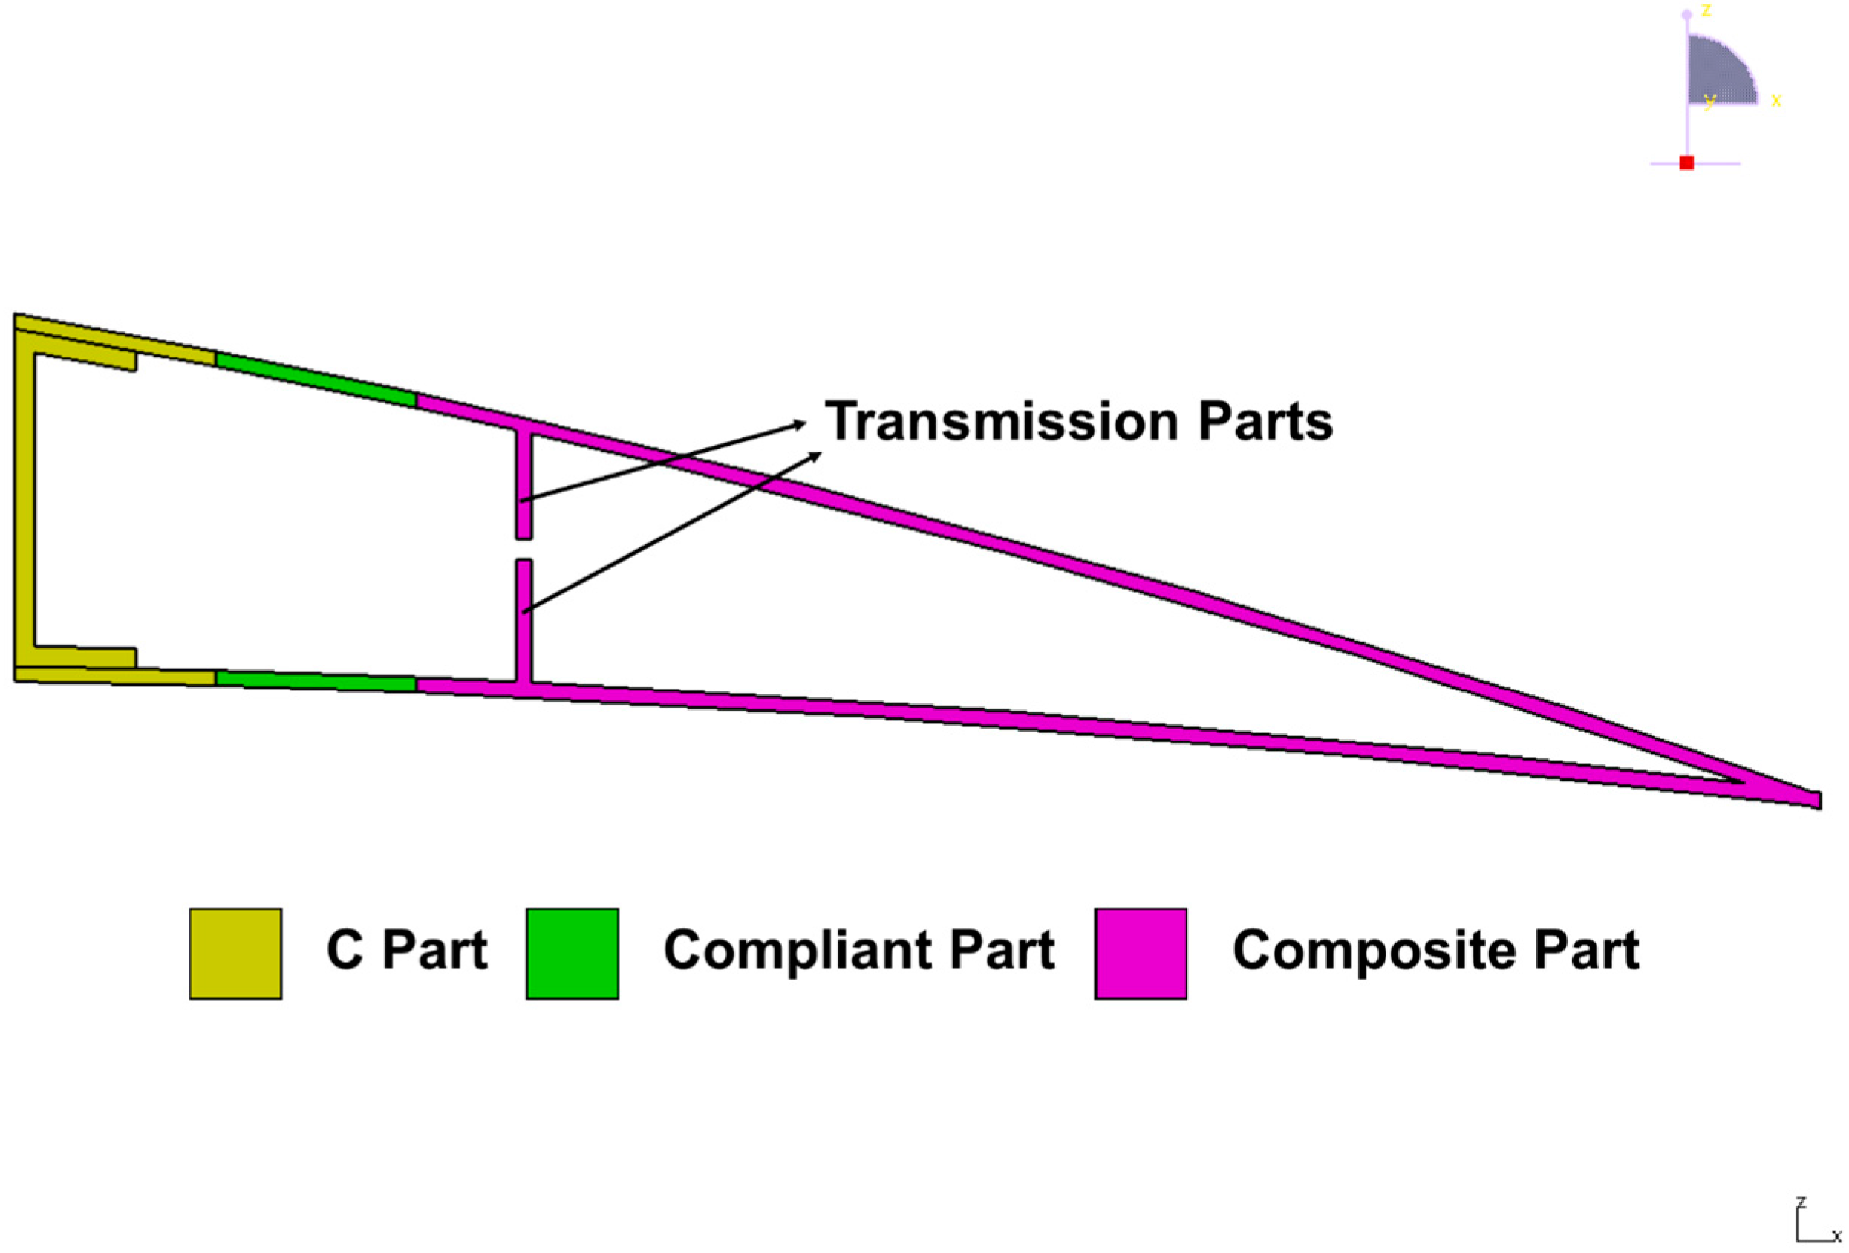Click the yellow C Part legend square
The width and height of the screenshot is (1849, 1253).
[x=235, y=953]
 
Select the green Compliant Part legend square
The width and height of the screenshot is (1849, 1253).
[x=572, y=953]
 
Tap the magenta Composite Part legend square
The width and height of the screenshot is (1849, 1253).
[x=1140, y=953]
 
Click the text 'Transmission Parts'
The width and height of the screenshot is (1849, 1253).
[x=1078, y=421]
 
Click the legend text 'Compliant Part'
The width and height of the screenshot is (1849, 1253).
[x=858, y=950]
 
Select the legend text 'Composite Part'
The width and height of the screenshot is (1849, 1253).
[x=1435, y=950]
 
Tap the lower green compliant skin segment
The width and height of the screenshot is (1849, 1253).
[x=316, y=681]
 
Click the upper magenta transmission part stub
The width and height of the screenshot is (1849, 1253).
[x=524, y=485]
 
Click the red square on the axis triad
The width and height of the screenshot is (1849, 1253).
[x=1686, y=163]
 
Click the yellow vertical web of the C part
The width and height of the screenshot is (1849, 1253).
[x=25, y=501]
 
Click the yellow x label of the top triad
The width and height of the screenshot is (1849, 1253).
[x=1775, y=100]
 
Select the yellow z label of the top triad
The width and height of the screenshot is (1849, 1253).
[x=1706, y=10]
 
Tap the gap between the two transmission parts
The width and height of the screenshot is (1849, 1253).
[x=524, y=550]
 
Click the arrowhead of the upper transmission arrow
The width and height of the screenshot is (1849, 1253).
[x=800, y=424]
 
